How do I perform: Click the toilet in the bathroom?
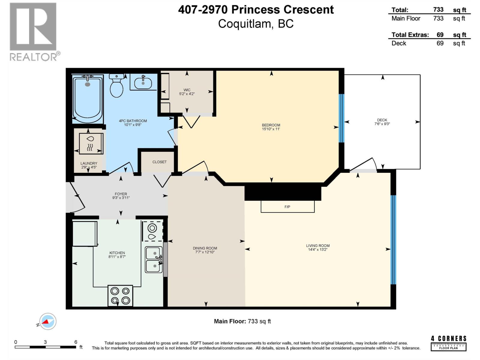tap(117, 86)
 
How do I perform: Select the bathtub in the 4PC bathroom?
tap(88, 99)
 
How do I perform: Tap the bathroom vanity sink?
tap(143, 82)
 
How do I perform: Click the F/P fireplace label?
tap(287, 207)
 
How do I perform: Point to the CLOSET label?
tap(159, 162)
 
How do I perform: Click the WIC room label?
tap(187, 90)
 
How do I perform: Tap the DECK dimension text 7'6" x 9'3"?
tap(382, 124)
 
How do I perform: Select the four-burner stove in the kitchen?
tap(120, 295)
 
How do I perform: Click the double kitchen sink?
tap(154, 259)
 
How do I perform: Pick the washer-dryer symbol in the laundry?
tap(91, 143)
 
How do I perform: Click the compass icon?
tap(47, 322)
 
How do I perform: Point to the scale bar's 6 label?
tap(76, 342)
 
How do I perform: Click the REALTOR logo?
tap(33, 31)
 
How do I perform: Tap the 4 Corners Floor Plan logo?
tap(448, 343)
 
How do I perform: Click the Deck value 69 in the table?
tap(440, 43)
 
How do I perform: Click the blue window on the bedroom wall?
tap(341, 118)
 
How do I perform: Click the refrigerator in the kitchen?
tap(85, 233)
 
